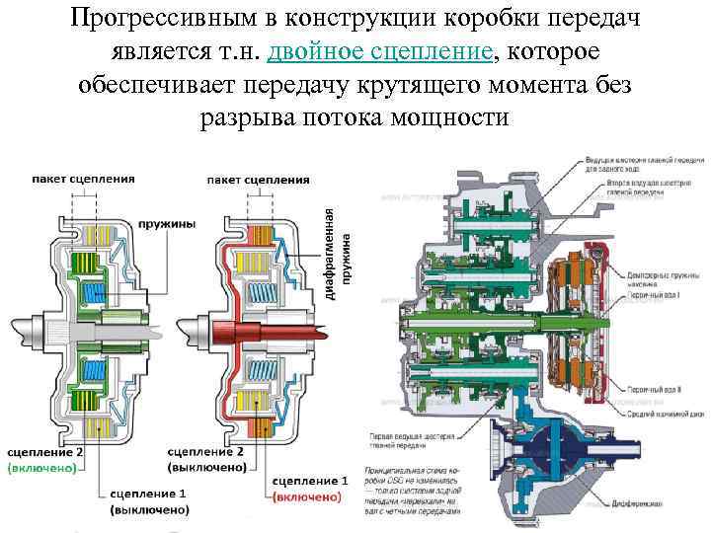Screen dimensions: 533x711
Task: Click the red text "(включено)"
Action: click(306, 495)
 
